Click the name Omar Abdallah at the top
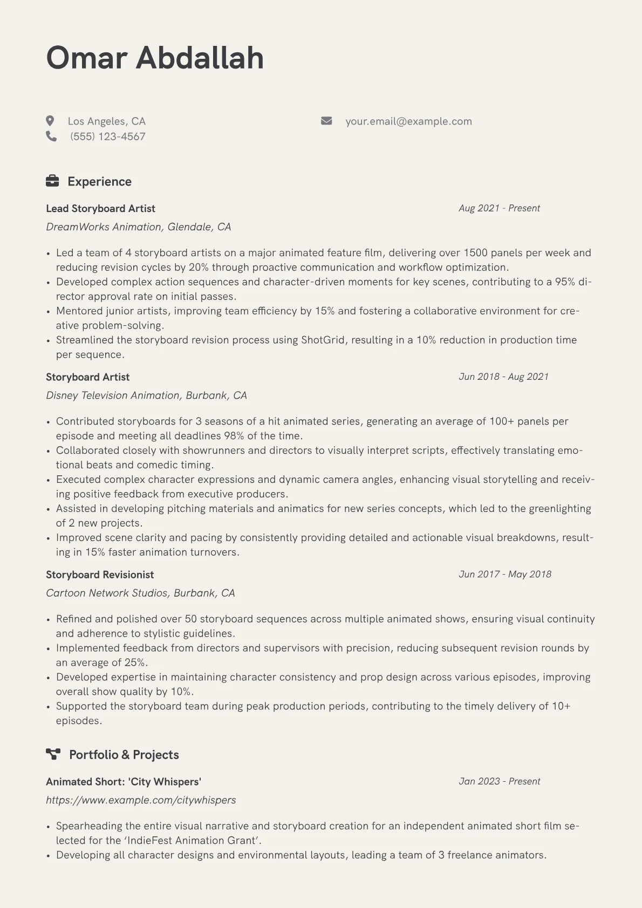(155, 58)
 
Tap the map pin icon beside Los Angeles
(50, 121)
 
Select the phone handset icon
(51, 136)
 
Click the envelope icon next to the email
(326, 121)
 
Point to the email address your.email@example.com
(408, 121)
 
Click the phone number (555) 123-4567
(107, 136)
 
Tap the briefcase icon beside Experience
(52, 181)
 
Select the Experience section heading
(99, 182)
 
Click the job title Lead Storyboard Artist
(100, 209)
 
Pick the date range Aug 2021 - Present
(499, 208)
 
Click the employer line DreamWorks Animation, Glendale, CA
(138, 227)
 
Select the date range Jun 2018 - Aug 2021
(503, 377)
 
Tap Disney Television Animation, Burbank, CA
(146, 395)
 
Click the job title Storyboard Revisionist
(100, 575)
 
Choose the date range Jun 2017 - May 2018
(505, 574)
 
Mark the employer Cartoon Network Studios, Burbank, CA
(140, 593)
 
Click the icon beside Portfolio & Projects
(53, 754)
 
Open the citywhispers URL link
(141, 800)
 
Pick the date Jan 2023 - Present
(499, 781)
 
